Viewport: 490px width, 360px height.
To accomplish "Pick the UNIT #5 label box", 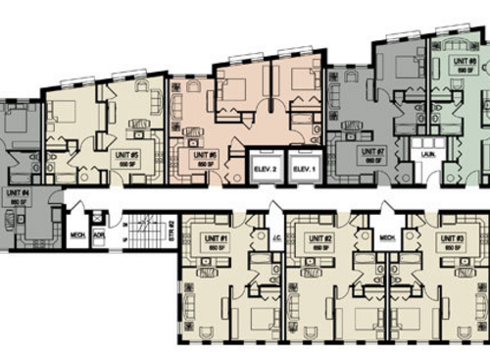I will pos(127,156).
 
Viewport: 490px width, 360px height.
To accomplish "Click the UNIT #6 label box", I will pos(205,156).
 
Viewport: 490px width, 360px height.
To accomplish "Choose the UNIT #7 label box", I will pos(370,155).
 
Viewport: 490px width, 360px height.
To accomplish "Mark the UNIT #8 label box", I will pos(463,64).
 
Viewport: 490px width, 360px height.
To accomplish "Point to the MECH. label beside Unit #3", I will pos(386,236).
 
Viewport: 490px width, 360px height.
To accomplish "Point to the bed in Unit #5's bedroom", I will pos(67,111).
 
